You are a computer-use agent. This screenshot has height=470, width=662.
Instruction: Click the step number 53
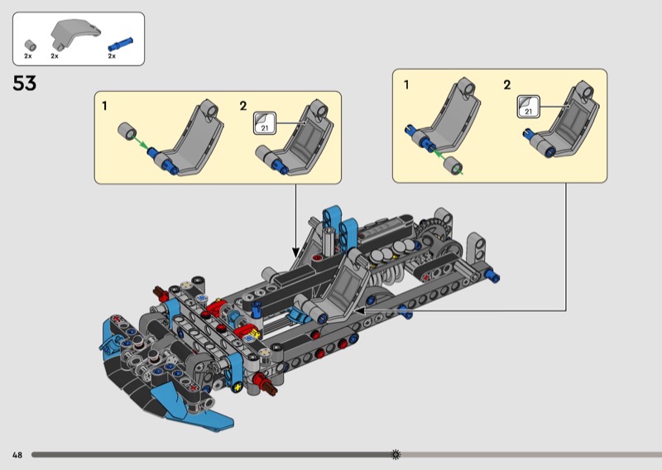click(x=25, y=83)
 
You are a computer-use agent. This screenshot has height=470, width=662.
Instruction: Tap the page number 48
click(x=17, y=455)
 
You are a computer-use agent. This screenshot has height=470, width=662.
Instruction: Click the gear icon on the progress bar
click(x=396, y=454)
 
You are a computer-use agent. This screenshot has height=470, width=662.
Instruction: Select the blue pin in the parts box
click(x=121, y=44)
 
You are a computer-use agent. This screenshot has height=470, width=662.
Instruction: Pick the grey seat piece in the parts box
click(x=75, y=33)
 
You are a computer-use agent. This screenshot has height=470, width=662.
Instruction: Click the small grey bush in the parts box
click(x=30, y=46)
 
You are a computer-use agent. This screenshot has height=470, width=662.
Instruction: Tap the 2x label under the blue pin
click(x=112, y=55)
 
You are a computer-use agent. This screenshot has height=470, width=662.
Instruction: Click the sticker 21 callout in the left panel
click(x=265, y=123)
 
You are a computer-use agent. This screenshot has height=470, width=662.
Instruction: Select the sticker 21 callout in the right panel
click(x=529, y=107)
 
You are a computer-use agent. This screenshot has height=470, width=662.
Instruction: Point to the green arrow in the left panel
click(x=140, y=141)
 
